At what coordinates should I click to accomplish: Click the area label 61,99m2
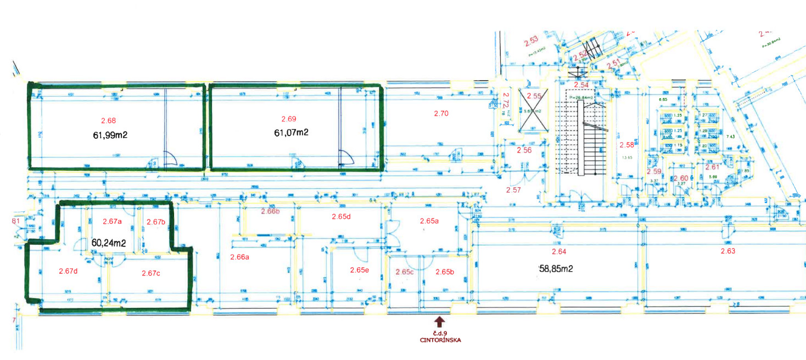click(x=110, y=134)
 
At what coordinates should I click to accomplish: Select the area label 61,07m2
click(x=290, y=132)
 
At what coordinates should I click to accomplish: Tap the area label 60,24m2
click(x=109, y=243)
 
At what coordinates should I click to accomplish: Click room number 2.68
click(x=108, y=120)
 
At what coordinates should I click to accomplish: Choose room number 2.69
click(x=289, y=119)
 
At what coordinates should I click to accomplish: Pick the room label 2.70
click(x=441, y=114)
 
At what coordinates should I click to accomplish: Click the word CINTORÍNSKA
click(x=440, y=340)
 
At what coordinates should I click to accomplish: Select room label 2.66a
click(x=240, y=256)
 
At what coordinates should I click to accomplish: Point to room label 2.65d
click(x=341, y=216)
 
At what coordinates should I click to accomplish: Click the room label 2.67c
click(x=150, y=273)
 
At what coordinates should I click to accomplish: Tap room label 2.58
click(x=626, y=145)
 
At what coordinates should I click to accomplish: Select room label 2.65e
click(x=359, y=270)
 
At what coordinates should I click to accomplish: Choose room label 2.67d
click(x=68, y=271)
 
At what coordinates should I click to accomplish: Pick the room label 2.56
click(x=524, y=150)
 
